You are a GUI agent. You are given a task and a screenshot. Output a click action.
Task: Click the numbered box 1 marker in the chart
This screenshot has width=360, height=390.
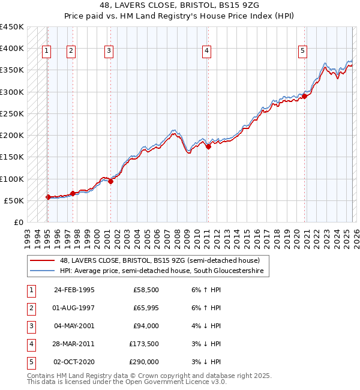[x=46, y=52]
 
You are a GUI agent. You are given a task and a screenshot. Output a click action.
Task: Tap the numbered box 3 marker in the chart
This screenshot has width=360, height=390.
[x=109, y=52]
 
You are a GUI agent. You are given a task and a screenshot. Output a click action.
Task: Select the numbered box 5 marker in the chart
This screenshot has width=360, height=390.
[x=302, y=52]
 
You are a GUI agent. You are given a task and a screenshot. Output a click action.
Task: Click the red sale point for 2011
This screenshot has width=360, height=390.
[x=208, y=146]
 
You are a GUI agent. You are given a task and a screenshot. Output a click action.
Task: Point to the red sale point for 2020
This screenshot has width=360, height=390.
[x=304, y=95]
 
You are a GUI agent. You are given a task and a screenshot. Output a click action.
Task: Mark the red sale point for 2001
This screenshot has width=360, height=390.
[x=110, y=181]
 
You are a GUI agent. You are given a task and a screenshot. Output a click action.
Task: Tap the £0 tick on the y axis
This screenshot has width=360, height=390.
[x=18, y=222]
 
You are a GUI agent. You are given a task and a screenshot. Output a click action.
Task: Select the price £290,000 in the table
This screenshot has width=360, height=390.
[x=144, y=362]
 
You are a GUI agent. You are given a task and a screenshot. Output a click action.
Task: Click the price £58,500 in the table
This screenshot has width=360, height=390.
[x=146, y=290]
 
